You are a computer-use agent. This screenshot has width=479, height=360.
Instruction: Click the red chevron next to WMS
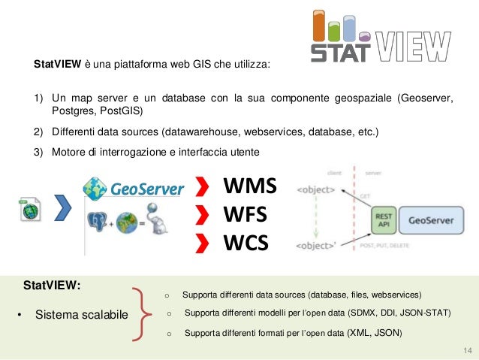tap(202, 186)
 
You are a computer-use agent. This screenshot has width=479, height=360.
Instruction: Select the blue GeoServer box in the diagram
tap(432, 222)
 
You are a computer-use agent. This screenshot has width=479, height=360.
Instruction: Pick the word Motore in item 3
tap(69, 152)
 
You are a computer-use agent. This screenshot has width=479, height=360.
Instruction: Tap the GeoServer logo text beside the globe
tap(147, 188)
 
